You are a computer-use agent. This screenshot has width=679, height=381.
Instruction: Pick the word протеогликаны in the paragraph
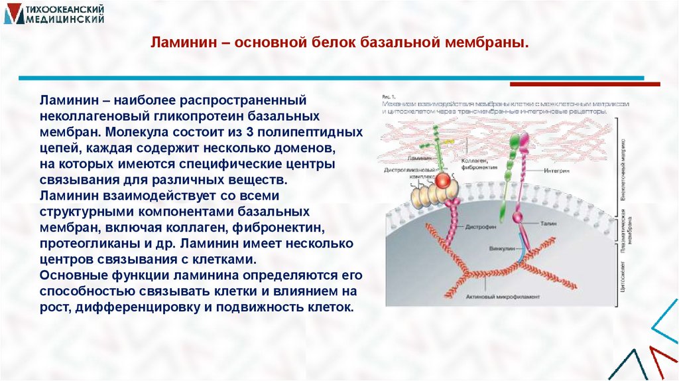coord(82,244)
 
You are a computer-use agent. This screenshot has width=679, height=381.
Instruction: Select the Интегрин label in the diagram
coord(558,171)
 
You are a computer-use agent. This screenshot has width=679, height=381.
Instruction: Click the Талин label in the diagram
coord(547,224)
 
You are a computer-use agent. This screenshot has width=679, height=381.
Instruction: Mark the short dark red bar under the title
coord(585,84)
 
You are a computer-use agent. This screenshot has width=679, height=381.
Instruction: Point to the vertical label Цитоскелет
coord(624,277)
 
